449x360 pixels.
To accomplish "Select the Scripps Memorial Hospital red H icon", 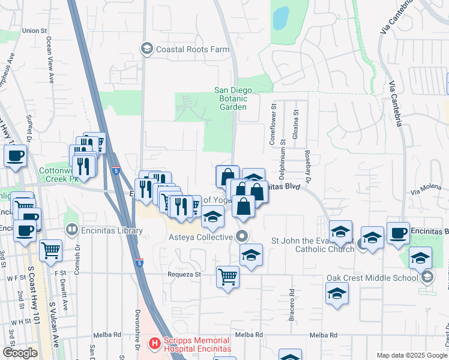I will tap(154, 343).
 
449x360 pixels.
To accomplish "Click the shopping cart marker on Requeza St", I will tap(228, 277).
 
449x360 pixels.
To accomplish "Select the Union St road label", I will tap(34, 31).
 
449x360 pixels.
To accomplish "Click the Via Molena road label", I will tap(426, 191).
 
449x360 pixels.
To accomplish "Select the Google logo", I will tap(20, 353).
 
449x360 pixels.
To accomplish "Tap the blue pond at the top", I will tap(280, 19).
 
